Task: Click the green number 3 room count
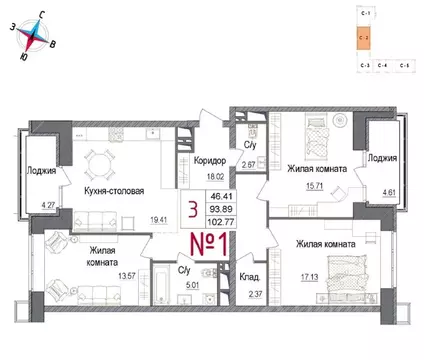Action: [191, 209]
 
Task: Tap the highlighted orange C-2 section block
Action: [363, 39]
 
